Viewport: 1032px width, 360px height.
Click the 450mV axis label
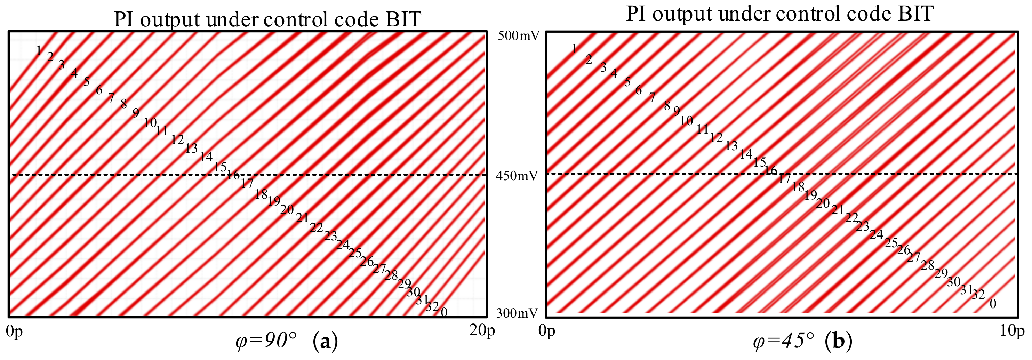point(517,175)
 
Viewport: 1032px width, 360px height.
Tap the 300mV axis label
point(517,313)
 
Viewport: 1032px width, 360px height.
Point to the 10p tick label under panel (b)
point(1011,331)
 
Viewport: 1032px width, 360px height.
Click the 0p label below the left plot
point(14,331)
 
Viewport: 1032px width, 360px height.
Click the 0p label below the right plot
point(547,331)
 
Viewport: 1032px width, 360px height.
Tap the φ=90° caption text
point(266,342)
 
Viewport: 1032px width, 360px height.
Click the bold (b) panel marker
point(839,342)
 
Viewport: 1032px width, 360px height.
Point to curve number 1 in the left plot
point(39,50)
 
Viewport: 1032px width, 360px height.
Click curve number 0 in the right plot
point(993,304)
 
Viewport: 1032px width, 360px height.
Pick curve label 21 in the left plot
point(302,218)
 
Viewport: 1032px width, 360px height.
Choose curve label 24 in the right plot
point(876,234)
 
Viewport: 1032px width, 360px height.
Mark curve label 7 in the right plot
point(653,97)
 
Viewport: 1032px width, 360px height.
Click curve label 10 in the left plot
point(150,122)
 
